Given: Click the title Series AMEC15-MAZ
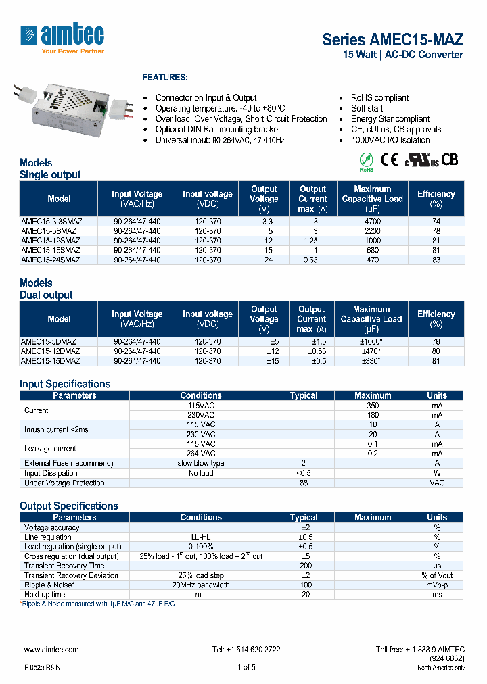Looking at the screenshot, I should coord(392,39).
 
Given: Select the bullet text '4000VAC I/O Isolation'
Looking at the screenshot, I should coord(390,140).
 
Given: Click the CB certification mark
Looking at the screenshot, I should coord(450,160).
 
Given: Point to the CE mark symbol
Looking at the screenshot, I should coord(389,160).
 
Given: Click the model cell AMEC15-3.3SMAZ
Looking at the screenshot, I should coord(51,221).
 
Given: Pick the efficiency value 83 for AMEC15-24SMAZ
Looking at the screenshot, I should coord(436,259).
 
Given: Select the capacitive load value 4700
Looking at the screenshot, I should coord(372,221).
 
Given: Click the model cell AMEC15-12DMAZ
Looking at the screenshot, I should coord(51,351).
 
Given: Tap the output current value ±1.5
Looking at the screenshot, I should coord(312,341).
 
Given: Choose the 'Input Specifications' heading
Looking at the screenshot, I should coord(65,384).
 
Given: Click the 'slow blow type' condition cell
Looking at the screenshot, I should coord(201,463).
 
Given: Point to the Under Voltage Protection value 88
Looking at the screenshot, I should coord(303,483).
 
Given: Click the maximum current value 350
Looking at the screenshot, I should coord(373,405).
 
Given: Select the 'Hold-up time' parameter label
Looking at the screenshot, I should coord(45,594).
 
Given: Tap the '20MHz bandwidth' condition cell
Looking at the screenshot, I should coord(201,585).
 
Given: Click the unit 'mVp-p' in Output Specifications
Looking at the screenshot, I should coord(437,585).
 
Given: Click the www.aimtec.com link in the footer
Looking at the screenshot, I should coord(51,649).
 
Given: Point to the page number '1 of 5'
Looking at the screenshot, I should coord(246,667).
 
